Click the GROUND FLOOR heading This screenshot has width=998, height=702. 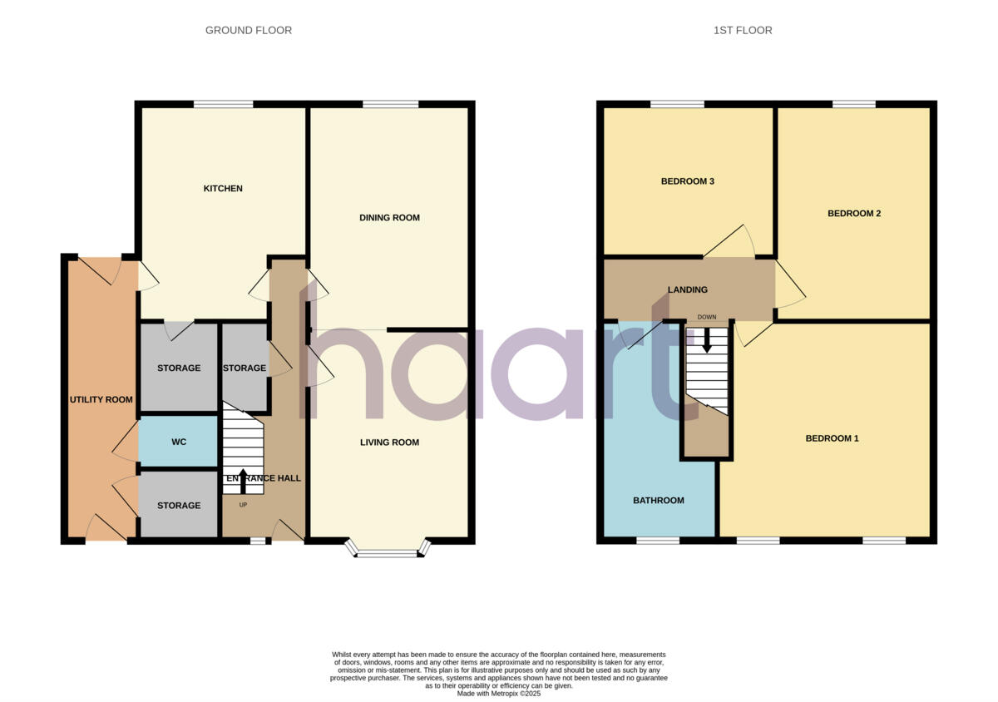pyautogui.click(x=249, y=31)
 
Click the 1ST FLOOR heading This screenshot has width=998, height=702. pyautogui.click(x=743, y=31)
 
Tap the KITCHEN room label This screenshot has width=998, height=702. pyautogui.click(x=223, y=189)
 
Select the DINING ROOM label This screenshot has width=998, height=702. pyautogui.click(x=389, y=218)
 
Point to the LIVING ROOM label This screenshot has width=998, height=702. pyautogui.click(x=389, y=442)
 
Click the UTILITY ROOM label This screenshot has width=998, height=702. pyautogui.click(x=101, y=400)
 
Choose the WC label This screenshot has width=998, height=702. pyautogui.click(x=179, y=442)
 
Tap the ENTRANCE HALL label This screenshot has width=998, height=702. pyautogui.click(x=263, y=478)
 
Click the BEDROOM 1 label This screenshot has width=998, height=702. pyautogui.click(x=832, y=438)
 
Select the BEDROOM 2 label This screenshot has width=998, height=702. pyautogui.click(x=854, y=214)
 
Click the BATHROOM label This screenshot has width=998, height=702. pyautogui.click(x=659, y=501)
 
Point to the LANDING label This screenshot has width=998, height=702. pyautogui.click(x=688, y=290)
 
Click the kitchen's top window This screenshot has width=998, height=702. pyautogui.click(x=223, y=104)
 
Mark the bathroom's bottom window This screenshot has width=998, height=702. pyautogui.click(x=658, y=541)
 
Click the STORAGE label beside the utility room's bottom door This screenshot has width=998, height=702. pyautogui.click(x=179, y=506)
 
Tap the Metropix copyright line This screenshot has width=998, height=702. pyautogui.click(x=499, y=693)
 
